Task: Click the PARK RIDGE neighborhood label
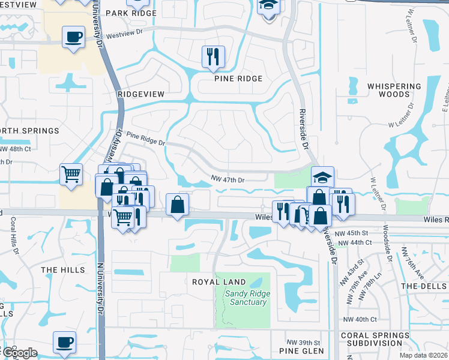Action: coord(131,13)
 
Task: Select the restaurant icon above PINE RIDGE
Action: coord(213,57)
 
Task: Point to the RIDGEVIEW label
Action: coord(141,94)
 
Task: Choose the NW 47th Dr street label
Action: coord(228,179)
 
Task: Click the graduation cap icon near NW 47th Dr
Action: coord(322,177)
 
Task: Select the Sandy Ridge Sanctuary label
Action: coord(247,298)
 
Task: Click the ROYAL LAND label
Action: coord(218,281)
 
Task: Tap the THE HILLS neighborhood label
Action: coord(63,270)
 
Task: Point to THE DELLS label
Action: coord(424,286)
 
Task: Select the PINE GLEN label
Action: coord(301,350)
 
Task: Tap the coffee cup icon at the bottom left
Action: coord(64,343)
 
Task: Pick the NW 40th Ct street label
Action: coord(360,320)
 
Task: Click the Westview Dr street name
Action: coord(126,35)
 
